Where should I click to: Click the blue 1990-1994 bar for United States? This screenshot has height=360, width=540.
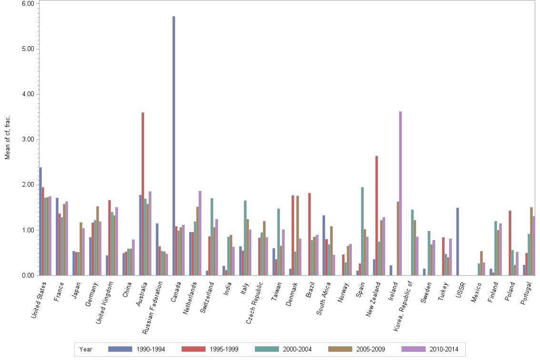(x=40, y=221)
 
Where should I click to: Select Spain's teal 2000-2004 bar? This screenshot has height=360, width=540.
(x=362, y=231)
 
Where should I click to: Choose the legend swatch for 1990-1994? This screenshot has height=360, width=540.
(x=120, y=349)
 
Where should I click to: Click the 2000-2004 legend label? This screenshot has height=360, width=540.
(x=297, y=349)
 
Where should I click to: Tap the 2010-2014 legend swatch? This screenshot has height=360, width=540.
(x=413, y=349)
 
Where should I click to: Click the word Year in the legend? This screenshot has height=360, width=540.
(x=86, y=349)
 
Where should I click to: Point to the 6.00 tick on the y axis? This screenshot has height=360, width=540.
(x=28, y=3)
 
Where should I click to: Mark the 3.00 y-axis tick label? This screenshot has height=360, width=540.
(x=28, y=140)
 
